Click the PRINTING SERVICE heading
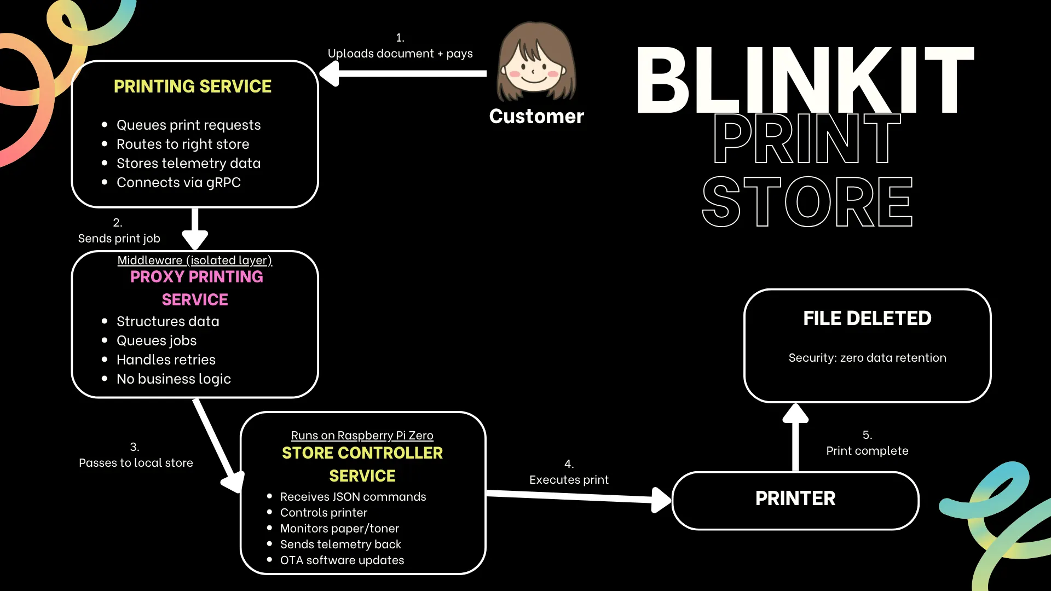[x=192, y=86]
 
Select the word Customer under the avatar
[x=536, y=117]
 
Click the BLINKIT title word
[x=805, y=80]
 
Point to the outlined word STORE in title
[x=807, y=202]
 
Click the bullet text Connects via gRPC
[x=178, y=182]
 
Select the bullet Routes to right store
[x=183, y=144]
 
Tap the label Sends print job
[x=119, y=239]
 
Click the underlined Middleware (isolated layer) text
[x=194, y=260]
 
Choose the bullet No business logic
[x=174, y=379]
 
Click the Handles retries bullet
[x=166, y=360]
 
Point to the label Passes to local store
[x=136, y=463]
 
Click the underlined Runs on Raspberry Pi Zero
[x=362, y=436]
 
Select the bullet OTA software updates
[x=342, y=560]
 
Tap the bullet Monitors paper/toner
[x=339, y=529]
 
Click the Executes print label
[x=569, y=480]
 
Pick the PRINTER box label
[x=795, y=499]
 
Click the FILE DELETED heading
[x=867, y=318]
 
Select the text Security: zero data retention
[x=867, y=358]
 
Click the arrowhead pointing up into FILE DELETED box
[x=795, y=414]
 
